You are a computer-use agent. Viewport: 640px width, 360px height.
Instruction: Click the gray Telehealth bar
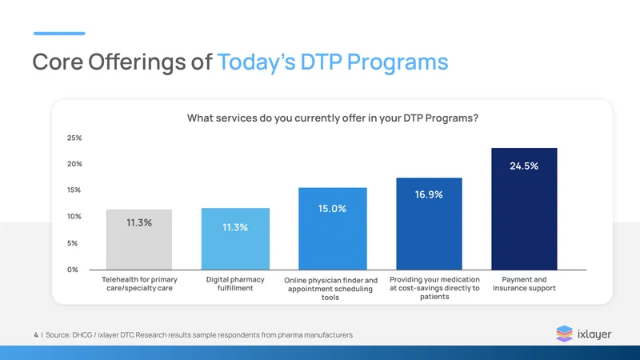[139, 239]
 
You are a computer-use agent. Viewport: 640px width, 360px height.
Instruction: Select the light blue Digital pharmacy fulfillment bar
[235, 238]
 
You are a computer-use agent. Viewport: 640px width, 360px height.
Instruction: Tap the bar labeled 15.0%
[333, 229]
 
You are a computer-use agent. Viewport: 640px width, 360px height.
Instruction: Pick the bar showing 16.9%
[429, 224]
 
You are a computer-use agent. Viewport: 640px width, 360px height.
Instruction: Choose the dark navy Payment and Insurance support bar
[524, 209]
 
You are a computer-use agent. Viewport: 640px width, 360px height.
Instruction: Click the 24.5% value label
[524, 166]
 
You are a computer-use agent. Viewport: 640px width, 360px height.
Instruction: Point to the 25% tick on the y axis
[74, 138]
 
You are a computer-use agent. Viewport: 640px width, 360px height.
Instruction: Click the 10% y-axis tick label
[74, 216]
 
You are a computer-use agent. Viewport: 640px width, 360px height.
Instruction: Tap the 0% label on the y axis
[73, 270]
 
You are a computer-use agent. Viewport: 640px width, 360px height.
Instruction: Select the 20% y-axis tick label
[74, 164]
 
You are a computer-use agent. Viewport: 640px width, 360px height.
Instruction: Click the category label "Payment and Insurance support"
[524, 284]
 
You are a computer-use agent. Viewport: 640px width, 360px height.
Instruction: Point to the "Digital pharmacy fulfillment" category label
[235, 284]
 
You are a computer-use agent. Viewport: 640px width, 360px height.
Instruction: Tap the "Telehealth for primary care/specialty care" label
[139, 284]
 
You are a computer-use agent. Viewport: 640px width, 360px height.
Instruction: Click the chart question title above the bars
[333, 118]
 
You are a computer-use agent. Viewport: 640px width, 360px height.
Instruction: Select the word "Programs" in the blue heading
[398, 62]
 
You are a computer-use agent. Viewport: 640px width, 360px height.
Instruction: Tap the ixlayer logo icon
[565, 334]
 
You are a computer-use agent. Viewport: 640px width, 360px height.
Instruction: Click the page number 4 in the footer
[36, 335]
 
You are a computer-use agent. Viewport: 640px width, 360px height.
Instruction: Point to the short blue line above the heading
[59, 34]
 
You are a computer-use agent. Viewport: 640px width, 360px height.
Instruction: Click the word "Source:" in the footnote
[58, 335]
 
